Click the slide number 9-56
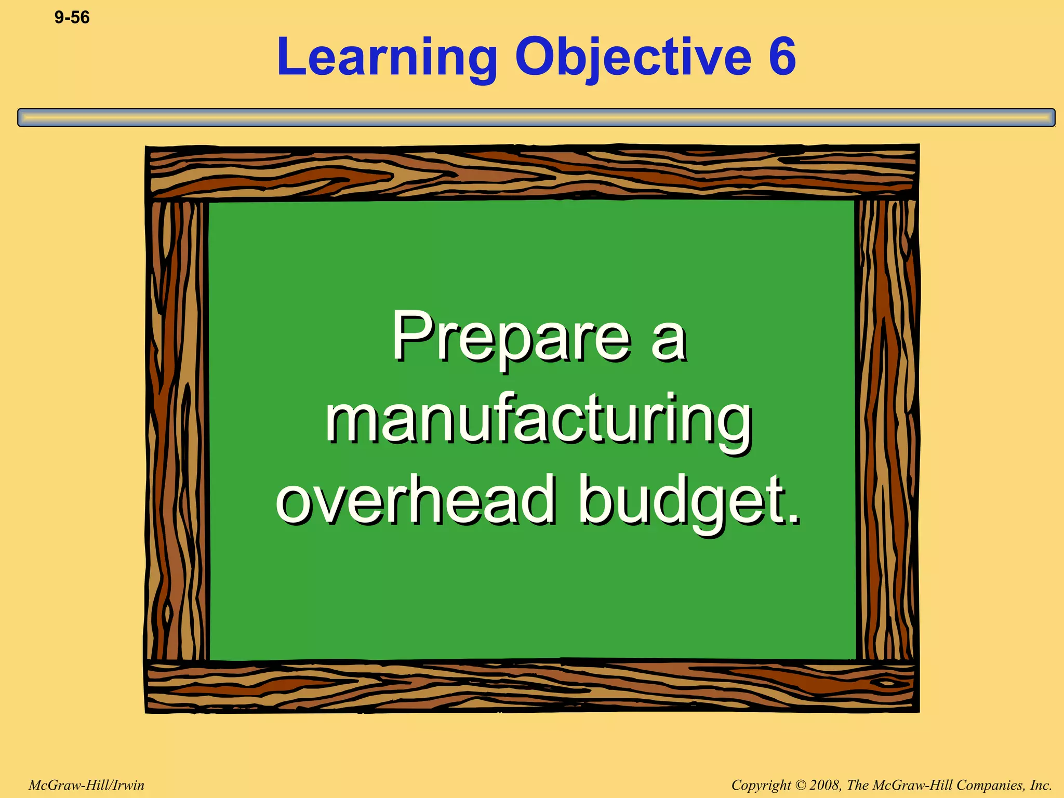(72, 18)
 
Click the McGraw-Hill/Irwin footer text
(86, 785)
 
